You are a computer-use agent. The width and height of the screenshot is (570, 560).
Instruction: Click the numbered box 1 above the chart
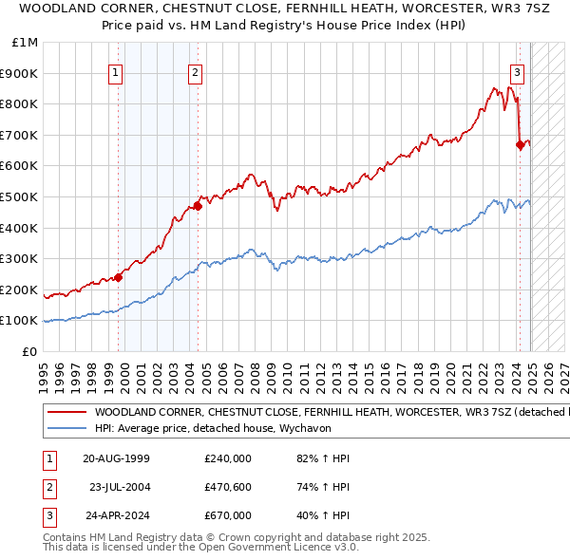115,71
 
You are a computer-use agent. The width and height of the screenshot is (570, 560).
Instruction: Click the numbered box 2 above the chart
195,71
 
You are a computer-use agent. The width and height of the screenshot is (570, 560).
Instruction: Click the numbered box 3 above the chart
517,71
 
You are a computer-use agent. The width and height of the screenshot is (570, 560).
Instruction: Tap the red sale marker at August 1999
119,277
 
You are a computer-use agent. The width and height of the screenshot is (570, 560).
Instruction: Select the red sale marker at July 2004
198,205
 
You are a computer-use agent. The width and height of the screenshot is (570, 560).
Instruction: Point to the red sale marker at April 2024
520,144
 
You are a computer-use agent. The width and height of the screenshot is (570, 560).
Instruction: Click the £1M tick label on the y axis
26,43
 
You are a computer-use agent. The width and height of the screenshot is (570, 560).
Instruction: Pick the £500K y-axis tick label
21,197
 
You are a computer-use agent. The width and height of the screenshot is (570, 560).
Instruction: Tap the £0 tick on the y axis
30,351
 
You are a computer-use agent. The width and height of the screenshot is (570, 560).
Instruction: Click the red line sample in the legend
66,413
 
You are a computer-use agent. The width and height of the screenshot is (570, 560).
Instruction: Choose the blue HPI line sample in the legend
66,427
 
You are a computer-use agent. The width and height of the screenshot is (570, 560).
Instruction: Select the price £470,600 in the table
228,487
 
